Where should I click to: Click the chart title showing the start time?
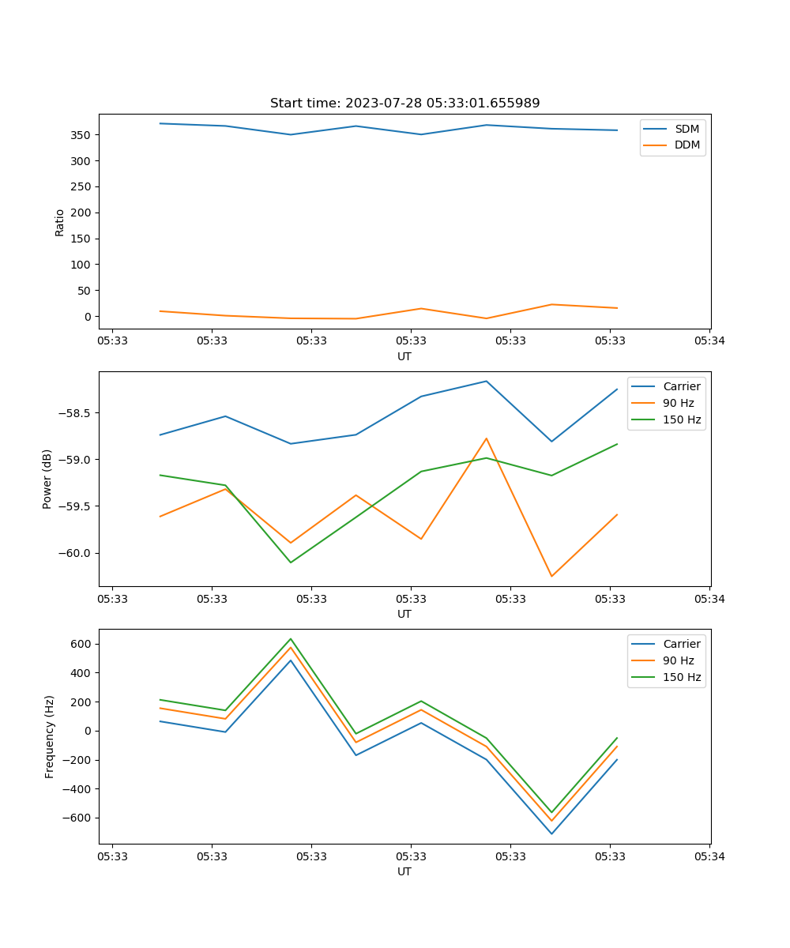(x=404, y=103)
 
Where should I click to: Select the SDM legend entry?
(x=687, y=129)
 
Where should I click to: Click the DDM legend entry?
(x=687, y=145)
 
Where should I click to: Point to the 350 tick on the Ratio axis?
(x=81, y=135)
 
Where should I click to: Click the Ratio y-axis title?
(x=60, y=222)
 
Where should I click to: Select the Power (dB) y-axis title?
(x=47, y=479)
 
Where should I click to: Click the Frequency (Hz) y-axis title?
(x=50, y=736)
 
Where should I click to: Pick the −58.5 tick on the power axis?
(x=73, y=413)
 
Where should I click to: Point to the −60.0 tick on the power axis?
(x=73, y=553)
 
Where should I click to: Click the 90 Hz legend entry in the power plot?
(x=678, y=403)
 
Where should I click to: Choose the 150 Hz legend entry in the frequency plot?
(x=682, y=677)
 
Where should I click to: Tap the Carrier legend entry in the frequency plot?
(x=681, y=644)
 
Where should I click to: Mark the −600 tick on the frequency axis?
(x=77, y=818)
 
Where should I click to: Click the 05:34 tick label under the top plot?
(x=709, y=341)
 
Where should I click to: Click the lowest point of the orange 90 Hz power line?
(x=551, y=576)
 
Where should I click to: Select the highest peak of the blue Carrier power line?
(x=486, y=381)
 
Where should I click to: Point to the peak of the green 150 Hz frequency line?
(x=291, y=638)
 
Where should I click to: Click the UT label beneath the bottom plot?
(x=404, y=871)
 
